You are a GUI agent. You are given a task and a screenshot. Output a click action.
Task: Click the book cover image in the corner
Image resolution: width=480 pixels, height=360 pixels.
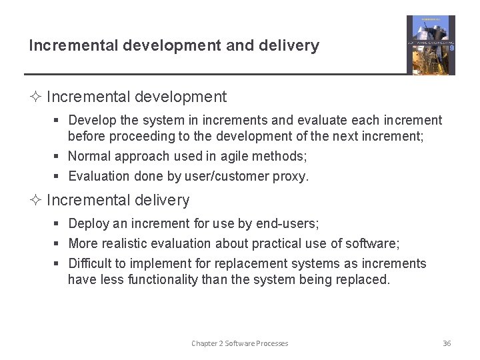431,45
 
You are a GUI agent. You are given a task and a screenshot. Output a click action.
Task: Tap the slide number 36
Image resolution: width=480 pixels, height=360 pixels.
447,343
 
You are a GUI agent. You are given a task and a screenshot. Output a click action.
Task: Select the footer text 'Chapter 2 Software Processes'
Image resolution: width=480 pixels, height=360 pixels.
240,343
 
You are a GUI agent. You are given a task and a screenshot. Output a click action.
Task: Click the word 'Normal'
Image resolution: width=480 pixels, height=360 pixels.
89,157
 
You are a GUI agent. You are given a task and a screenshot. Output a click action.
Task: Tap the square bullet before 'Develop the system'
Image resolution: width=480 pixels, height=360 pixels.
58,121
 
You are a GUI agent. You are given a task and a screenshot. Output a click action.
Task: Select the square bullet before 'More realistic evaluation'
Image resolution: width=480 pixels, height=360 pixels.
58,244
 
